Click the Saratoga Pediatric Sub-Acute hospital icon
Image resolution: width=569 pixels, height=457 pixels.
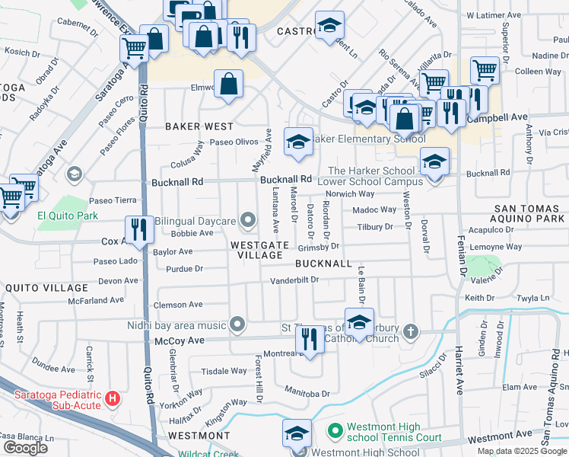coord(112,398)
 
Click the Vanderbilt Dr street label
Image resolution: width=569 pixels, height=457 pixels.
coord(294,281)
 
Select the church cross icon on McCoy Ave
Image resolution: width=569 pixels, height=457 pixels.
coord(411,331)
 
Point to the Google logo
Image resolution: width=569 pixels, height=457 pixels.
coord(25,448)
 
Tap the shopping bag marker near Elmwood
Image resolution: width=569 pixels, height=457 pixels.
coord(228,85)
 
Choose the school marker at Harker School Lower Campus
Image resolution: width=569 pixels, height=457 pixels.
coord(434,161)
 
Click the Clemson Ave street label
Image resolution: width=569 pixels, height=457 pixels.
coord(178,305)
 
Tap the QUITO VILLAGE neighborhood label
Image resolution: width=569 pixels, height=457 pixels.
coord(46,288)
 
